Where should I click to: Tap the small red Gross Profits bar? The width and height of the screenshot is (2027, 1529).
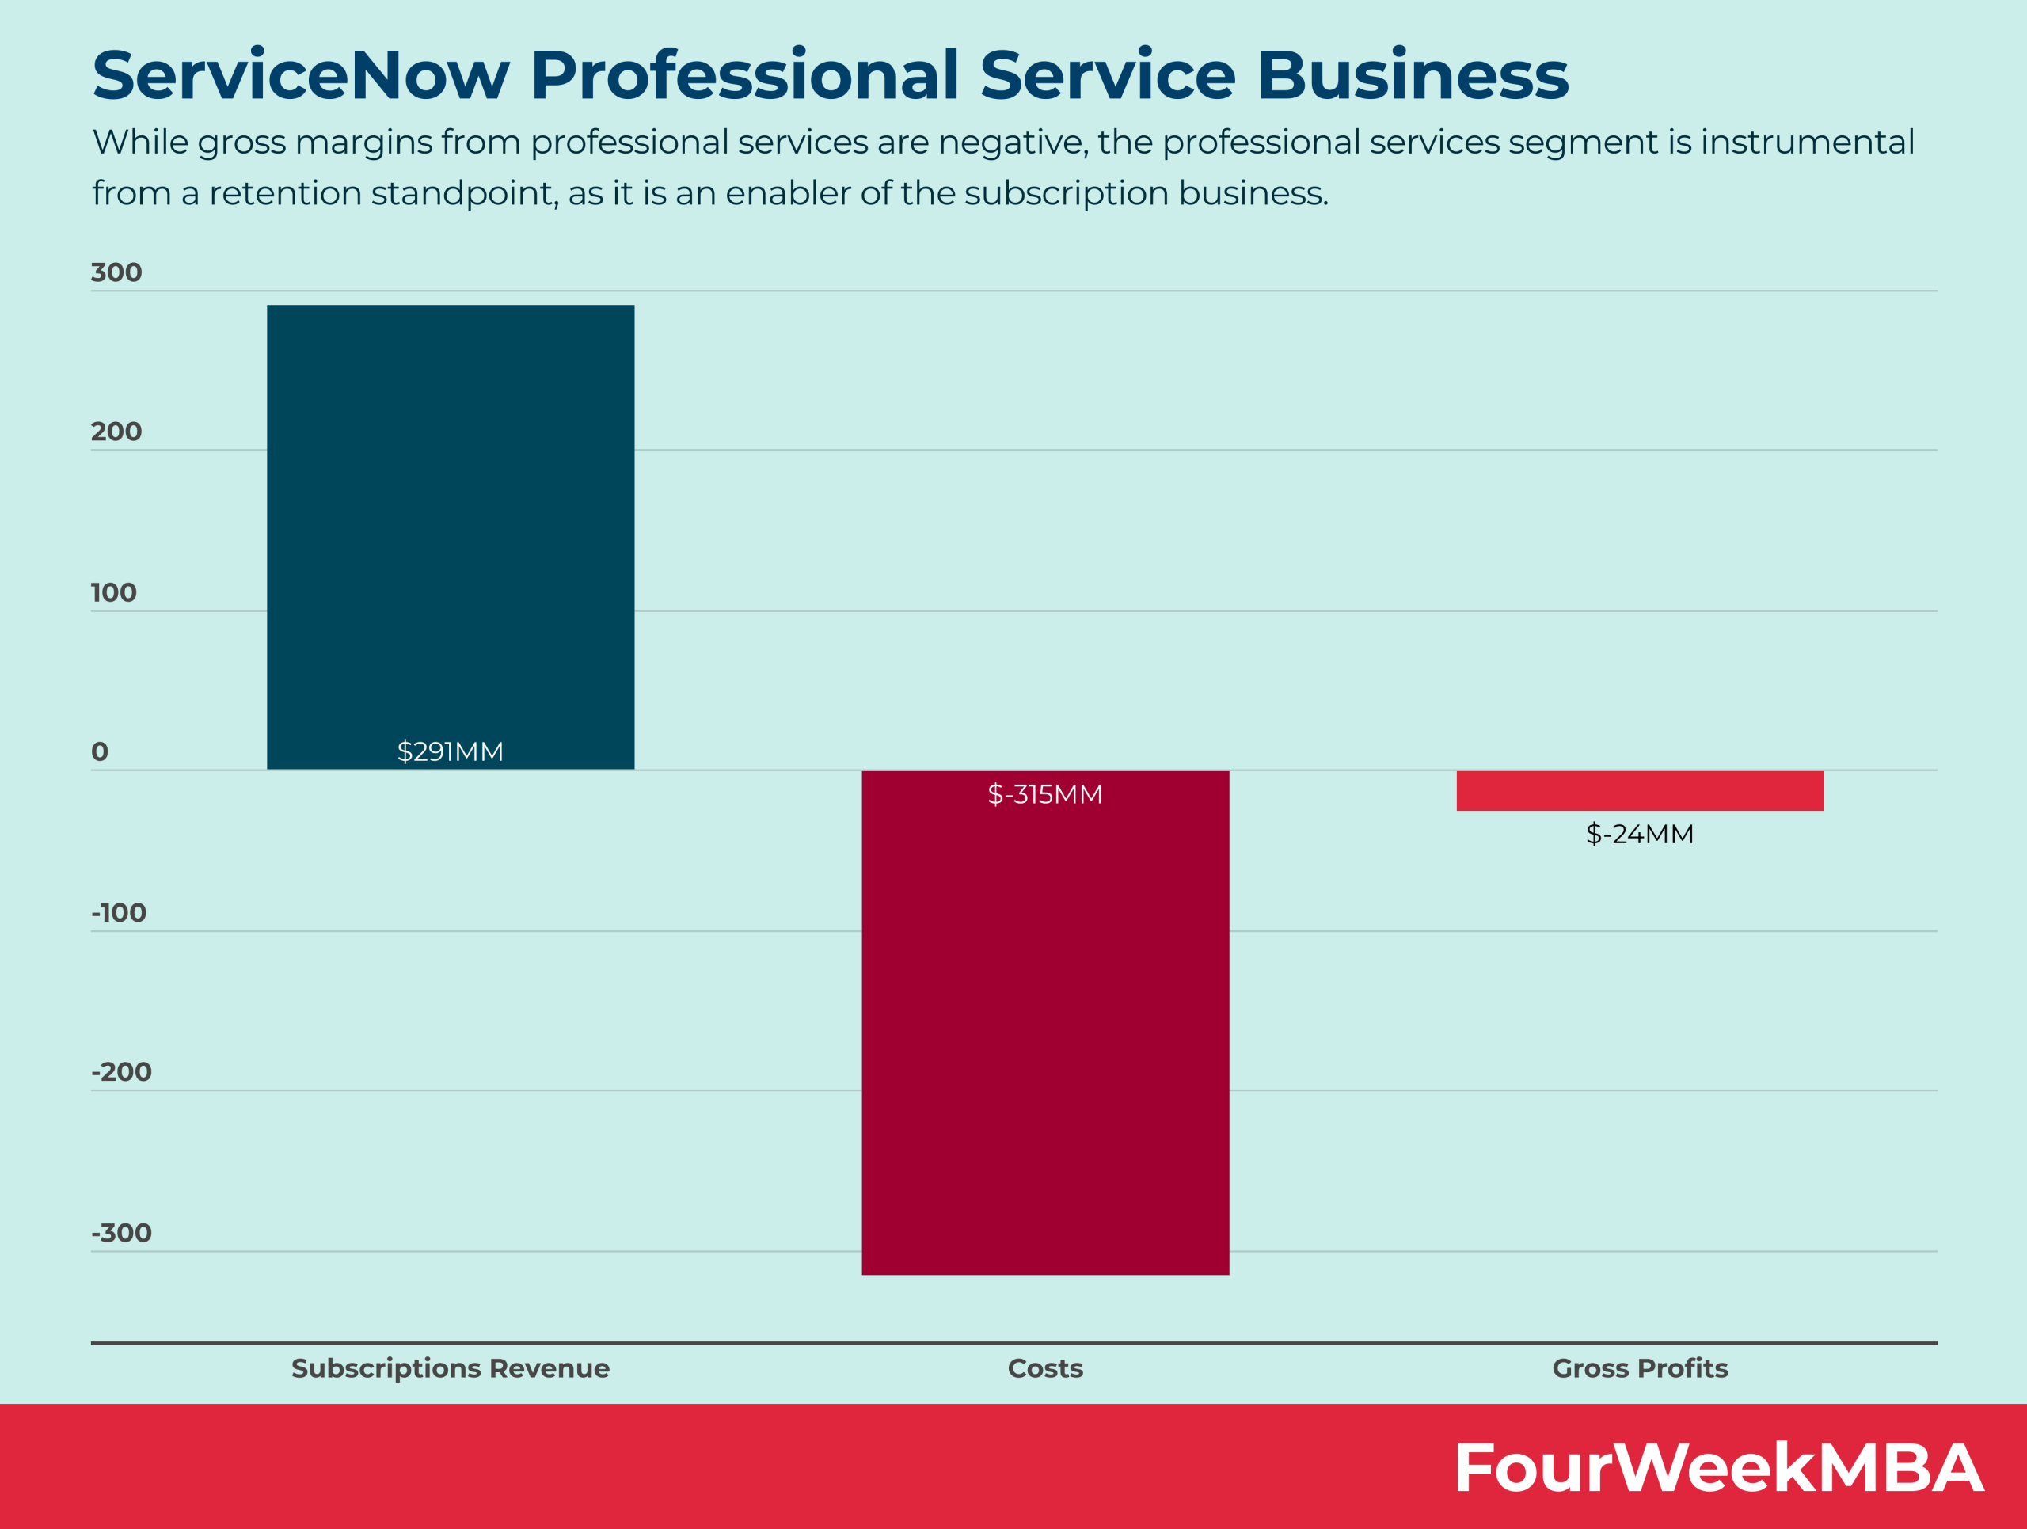click(1639, 790)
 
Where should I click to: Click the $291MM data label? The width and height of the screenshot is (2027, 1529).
click(450, 751)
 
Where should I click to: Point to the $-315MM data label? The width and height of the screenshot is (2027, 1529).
click(1044, 793)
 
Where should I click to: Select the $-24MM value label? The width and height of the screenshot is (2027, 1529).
click(1639, 834)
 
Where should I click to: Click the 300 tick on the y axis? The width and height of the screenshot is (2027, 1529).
click(116, 272)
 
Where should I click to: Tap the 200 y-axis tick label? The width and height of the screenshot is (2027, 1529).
click(116, 432)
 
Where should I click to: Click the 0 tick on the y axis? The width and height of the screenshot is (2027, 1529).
click(100, 752)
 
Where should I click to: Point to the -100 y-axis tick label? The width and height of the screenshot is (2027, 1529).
click(118, 912)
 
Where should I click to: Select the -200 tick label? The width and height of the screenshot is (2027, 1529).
click(121, 1072)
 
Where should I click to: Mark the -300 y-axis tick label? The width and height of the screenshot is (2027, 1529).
click(121, 1233)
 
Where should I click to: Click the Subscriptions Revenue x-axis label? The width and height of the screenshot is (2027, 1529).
click(450, 1367)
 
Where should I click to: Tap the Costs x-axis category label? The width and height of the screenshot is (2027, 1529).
click(1044, 1367)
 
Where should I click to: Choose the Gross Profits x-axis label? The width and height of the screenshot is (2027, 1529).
click(1639, 1367)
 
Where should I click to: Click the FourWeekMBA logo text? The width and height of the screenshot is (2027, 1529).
click(1718, 1467)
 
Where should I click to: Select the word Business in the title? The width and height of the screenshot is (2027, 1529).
click(1412, 75)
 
